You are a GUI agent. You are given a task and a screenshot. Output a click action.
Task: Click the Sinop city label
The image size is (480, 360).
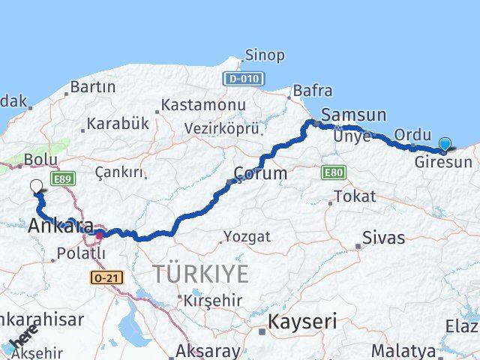tap(265, 55)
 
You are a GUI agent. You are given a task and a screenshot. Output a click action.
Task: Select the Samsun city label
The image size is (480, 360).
tap(353, 115)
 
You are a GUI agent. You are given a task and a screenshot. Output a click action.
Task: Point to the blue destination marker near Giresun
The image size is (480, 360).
tap(445, 144)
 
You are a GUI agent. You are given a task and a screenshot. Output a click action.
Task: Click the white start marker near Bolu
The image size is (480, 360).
tap(37, 187)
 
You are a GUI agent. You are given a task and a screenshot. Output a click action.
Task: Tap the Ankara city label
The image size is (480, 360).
tap(61, 226)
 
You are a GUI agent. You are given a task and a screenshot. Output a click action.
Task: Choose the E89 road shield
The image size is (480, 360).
tap(61, 178)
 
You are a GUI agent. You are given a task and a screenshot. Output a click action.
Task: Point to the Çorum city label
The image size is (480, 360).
tap(259, 173)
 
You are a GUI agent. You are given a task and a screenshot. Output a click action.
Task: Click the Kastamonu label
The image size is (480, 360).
tap(203, 104)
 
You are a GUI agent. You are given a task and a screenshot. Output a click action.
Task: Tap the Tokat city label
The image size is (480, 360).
tap(353, 196)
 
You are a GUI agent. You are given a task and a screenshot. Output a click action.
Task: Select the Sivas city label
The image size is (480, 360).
tap(383, 238)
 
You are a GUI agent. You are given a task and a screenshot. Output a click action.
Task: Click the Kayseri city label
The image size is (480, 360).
tap(302, 322)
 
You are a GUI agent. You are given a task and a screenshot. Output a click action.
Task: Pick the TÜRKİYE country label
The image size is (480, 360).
tap(200, 274)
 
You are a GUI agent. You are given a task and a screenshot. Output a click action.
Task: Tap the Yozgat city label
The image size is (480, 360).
tap(247, 237)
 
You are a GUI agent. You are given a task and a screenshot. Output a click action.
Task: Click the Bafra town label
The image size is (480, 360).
tap(313, 91)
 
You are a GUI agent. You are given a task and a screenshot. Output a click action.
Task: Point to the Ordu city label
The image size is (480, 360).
tap(412, 134)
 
